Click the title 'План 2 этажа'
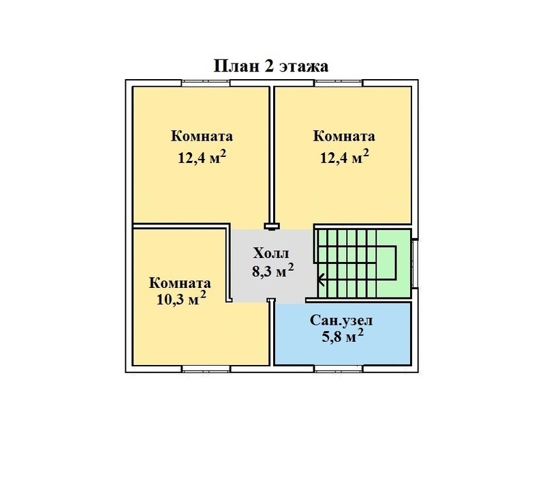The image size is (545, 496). click(x=270, y=65)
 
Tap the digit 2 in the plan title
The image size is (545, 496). click(x=268, y=65)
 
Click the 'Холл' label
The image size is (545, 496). click(x=271, y=253)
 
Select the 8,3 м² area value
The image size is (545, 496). click(x=273, y=270)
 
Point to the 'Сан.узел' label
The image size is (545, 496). click(x=341, y=320)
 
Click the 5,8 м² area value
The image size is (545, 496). click(x=343, y=336)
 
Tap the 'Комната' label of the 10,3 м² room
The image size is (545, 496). click(x=180, y=283)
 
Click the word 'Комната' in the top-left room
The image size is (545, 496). click(x=202, y=136)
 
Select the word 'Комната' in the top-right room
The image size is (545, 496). click(x=344, y=136)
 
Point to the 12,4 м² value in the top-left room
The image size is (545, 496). click(x=202, y=157)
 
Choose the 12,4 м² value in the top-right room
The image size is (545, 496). click(x=344, y=157)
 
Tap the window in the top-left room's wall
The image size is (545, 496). click(x=206, y=83)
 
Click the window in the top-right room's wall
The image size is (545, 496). click(x=339, y=83)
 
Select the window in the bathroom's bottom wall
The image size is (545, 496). click(x=339, y=369)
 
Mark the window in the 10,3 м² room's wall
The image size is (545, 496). click(x=206, y=369)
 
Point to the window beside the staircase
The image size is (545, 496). click(x=414, y=264)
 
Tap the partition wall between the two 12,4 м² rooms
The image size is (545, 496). click(x=272, y=156)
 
